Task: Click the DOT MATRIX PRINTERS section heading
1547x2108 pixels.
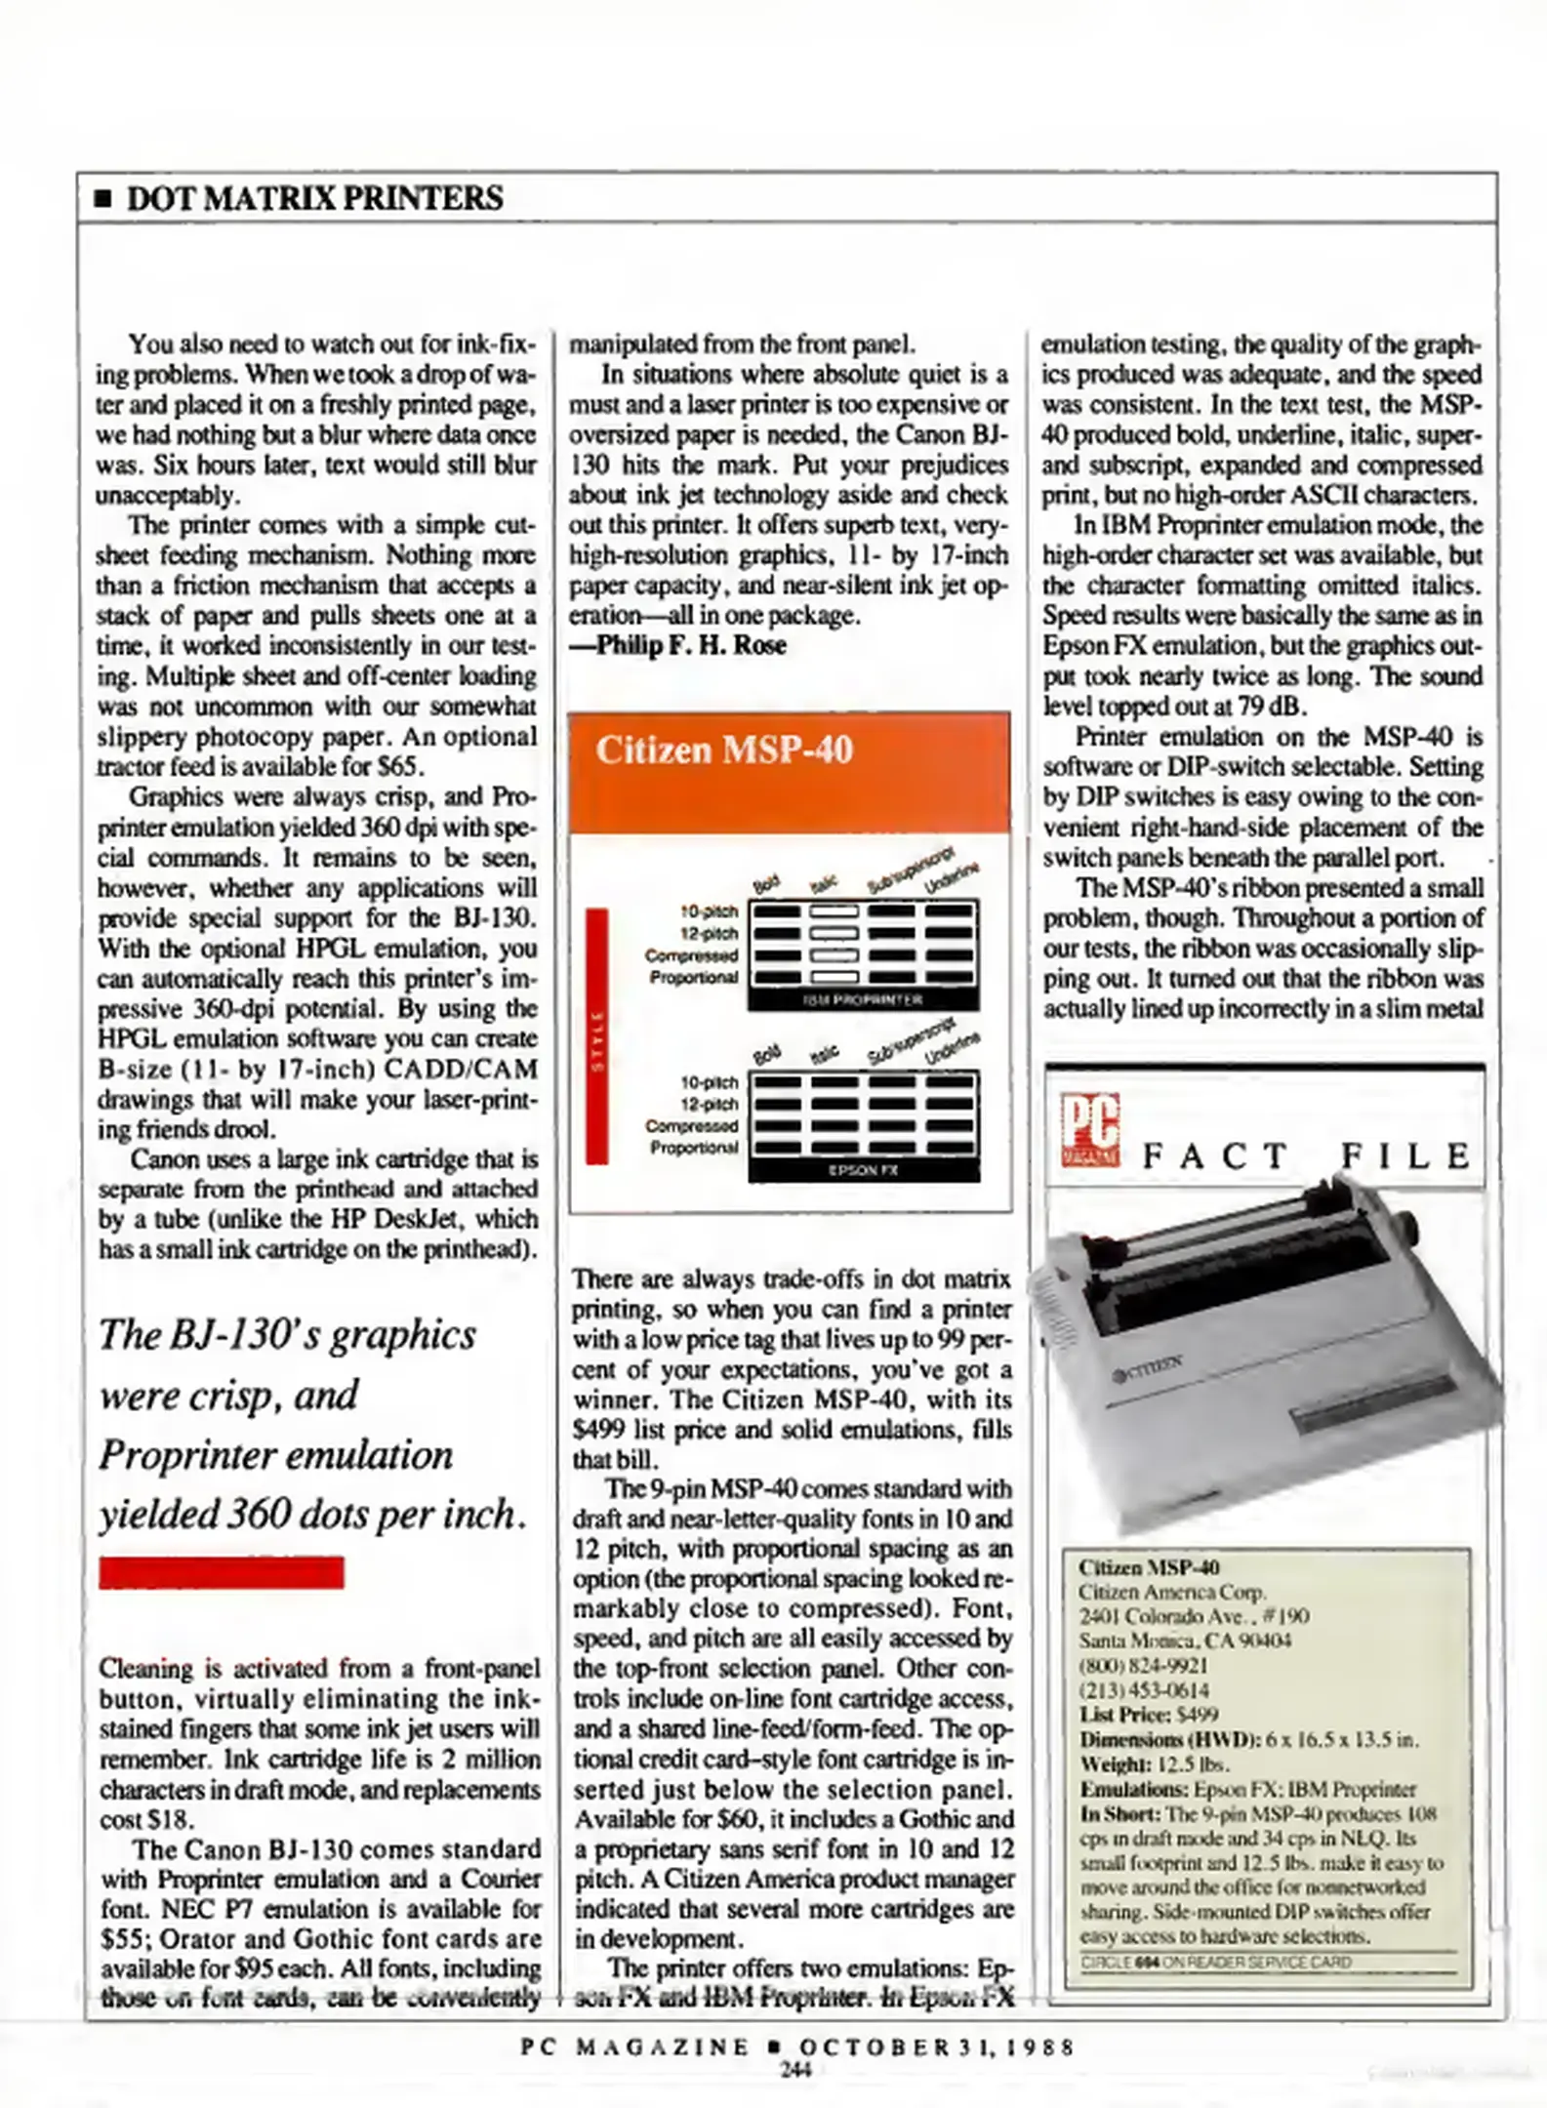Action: coord(314,198)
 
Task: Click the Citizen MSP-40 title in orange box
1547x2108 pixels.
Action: coord(723,750)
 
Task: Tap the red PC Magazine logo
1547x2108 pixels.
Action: coord(1090,1132)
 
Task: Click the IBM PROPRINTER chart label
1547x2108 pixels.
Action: coord(863,1000)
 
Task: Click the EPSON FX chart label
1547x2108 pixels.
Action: coord(863,1170)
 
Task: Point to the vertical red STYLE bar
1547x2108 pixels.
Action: coord(596,1036)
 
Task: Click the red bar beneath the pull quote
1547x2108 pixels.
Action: coord(222,1573)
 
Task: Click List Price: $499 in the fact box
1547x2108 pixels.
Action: coord(1148,1715)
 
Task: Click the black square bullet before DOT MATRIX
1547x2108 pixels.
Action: coord(102,199)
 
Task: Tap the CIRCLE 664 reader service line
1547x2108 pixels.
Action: coord(1215,1962)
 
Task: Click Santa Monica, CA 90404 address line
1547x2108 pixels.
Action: coord(1184,1641)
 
